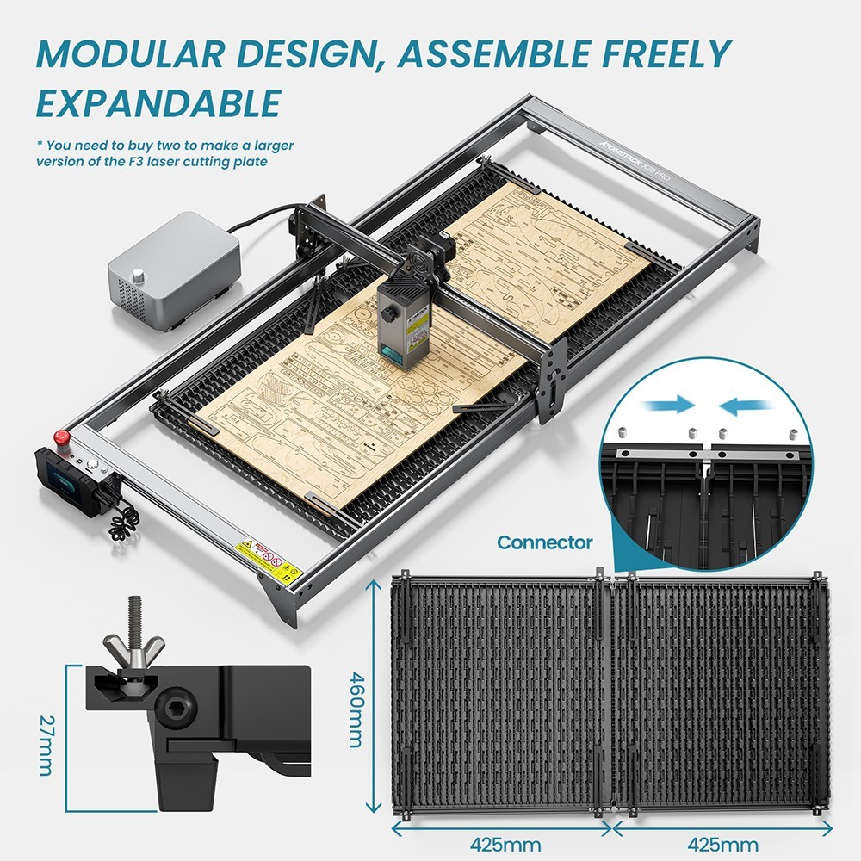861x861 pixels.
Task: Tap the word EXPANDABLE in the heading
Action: [158, 102]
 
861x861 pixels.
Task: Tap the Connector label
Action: [545, 542]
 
